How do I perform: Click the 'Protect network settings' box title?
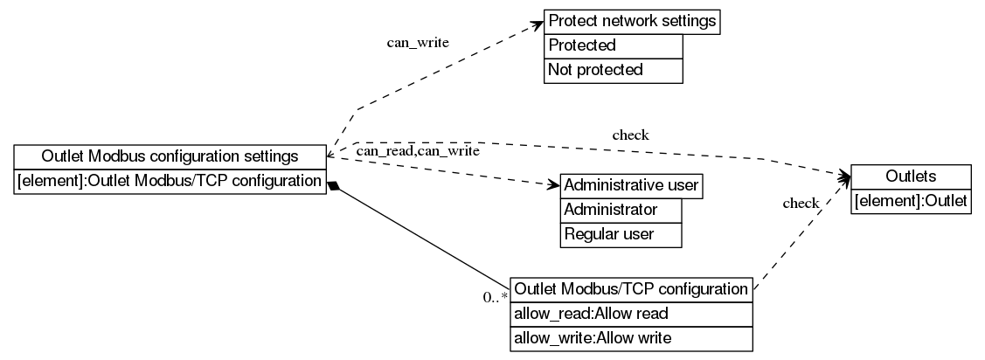(x=632, y=21)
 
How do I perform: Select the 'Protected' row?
(x=613, y=45)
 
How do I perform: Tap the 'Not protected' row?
(x=613, y=70)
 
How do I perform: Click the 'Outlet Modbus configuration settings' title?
(x=170, y=157)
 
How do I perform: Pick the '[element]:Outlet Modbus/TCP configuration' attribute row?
(x=170, y=182)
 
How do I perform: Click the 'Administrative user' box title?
(x=631, y=186)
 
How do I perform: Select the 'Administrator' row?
(x=620, y=211)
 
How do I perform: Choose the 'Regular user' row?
(x=620, y=234)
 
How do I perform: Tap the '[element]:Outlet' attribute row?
(x=910, y=202)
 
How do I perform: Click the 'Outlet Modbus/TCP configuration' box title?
(x=631, y=289)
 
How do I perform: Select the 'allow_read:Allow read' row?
(x=631, y=314)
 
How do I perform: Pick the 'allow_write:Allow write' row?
(x=631, y=337)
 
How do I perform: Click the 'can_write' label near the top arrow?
(x=418, y=43)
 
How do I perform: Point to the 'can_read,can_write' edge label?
(x=418, y=152)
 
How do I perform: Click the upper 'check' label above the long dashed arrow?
(x=630, y=135)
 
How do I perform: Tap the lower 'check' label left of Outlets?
(x=801, y=204)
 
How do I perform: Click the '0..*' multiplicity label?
(x=496, y=297)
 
